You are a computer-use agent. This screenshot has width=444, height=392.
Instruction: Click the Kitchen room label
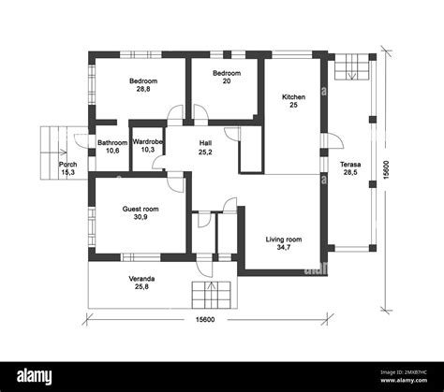pos(293,96)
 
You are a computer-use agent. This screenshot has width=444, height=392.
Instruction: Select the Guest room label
pos(141,209)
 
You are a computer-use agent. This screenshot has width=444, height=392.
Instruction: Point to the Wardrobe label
pos(148,141)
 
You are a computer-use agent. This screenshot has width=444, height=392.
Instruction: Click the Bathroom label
pos(113,142)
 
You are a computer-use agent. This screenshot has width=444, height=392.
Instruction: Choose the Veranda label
pos(142,279)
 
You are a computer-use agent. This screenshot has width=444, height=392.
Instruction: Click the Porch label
pos(68,165)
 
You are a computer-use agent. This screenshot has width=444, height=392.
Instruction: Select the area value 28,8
pos(142,90)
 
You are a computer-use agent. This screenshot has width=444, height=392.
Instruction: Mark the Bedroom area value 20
pos(226,81)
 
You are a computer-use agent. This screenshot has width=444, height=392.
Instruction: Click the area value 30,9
pos(141,217)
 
